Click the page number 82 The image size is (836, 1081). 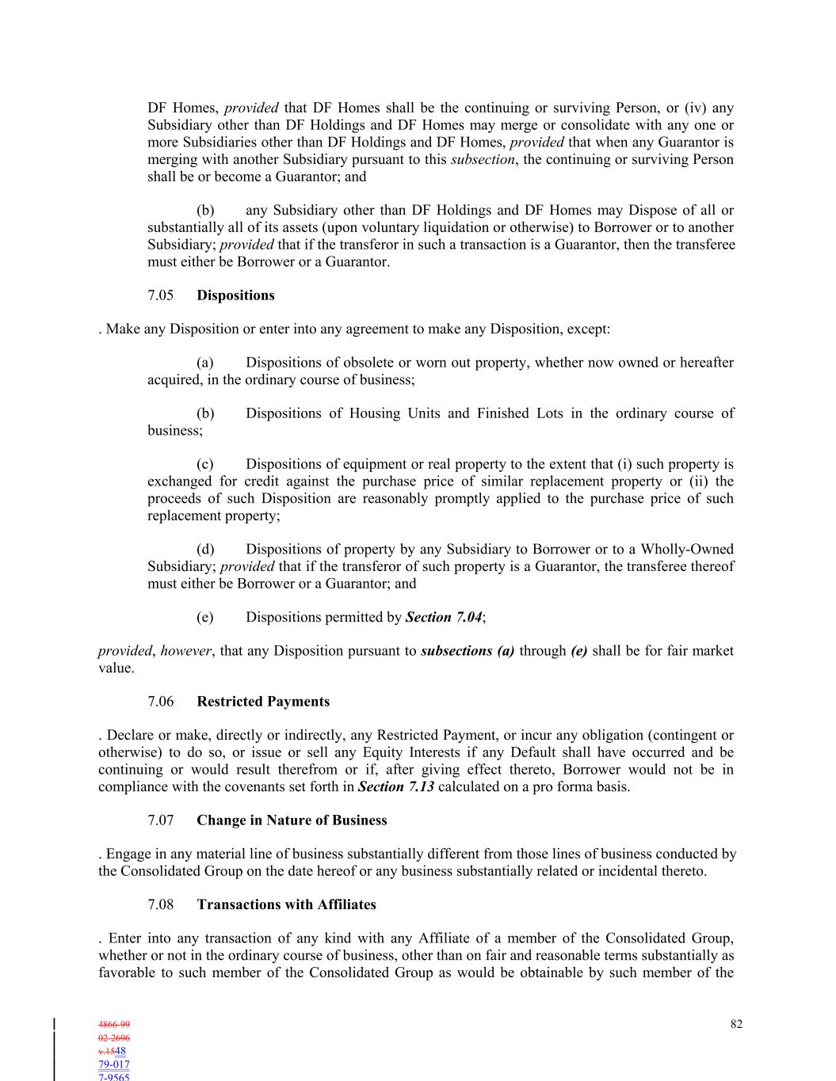[x=736, y=1024]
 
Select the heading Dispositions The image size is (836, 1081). [x=235, y=295]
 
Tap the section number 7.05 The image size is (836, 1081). [x=160, y=295]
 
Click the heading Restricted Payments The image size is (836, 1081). [x=263, y=702]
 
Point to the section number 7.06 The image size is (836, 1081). [x=160, y=702]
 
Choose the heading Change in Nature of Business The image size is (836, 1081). [x=292, y=820]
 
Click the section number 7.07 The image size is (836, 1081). [x=160, y=820]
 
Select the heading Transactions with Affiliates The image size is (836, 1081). [x=286, y=904]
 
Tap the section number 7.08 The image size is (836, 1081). [x=160, y=904]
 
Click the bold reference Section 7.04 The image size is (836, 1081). [x=443, y=617]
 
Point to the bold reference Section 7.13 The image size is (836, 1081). [x=395, y=786]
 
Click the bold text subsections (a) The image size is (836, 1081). [x=468, y=651]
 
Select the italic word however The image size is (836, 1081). [x=185, y=651]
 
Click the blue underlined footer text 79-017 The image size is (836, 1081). [x=114, y=1064]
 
